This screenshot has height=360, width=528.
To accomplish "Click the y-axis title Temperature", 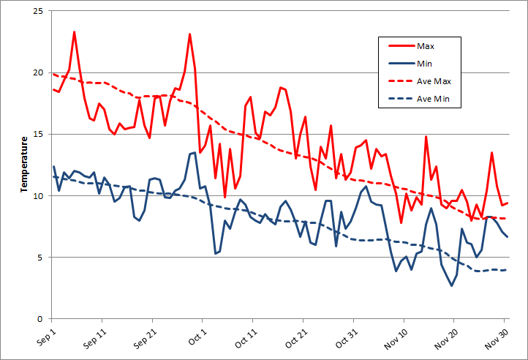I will pyautogui.click(x=24, y=165).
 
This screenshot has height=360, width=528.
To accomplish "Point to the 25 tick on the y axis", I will pyautogui.click(x=38, y=12).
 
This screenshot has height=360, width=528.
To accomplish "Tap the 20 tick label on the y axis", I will pyautogui.click(x=38, y=73).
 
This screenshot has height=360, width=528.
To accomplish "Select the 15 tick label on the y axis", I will pyautogui.click(x=38, y=135).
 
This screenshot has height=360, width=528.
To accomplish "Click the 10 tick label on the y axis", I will pyautogui.click(x=38, y=196).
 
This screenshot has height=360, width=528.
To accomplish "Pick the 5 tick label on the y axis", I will pyautogui.click(x=41, y=258).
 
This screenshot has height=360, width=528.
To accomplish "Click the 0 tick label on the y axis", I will pyautogui.click(x=41, y=319).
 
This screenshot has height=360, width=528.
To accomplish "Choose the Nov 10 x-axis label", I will pyautogui.click(x=393, y=339).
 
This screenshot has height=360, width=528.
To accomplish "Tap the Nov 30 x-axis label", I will pyautogui.click(x=494, y=339).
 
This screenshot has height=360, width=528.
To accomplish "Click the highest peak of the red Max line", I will pyautogui.click(x=75, y=32).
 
